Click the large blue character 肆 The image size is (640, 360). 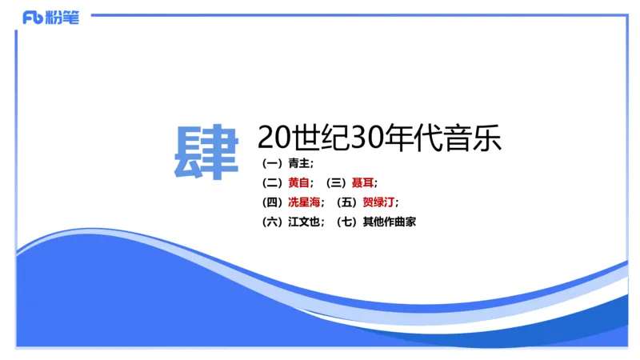pyautogui.click(x=206, y=152)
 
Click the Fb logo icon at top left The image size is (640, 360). pyautogui.click(x=33, y=18)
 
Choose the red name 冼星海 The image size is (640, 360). pyautogui.click(x=303, y=202)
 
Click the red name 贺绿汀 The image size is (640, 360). pyautogui.click(x=378, y=202)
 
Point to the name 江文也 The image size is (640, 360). pyautogui.click(x=303, y=222)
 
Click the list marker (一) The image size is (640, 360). pyautogui.click(x=272, y=163)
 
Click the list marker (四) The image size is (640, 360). pyautogui.click(x=272, y=202)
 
